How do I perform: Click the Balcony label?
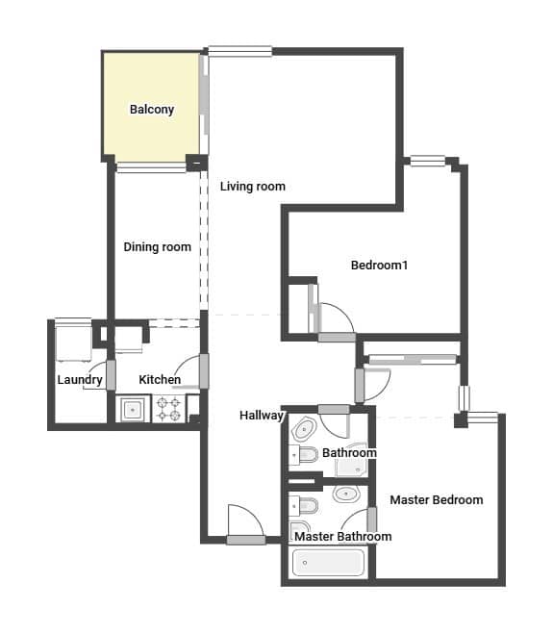click(x=152, y=110)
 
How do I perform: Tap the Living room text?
click(x=253, y=187)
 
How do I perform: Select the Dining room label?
click(x=158, y=247)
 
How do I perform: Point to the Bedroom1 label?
click(x=379, y=266)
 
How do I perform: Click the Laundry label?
click(x=80, y=380)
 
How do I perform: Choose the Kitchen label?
click(x=160, y=380)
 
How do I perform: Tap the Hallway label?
click(x=262, y=416)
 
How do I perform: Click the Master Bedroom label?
click(x=437, y=499)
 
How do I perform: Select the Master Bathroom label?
click(x=342, y=537)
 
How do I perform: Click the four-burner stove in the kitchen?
click(x=169, y=409)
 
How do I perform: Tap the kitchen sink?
click(x=132, y=409)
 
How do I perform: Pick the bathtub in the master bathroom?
click(x=328, y=563)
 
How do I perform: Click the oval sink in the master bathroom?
click(x=346, y=495)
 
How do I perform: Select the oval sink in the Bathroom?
click(x=305, y=429)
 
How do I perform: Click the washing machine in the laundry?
click(x=73, y=341)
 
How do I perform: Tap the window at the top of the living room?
click(x=240, y=51)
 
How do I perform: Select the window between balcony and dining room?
click(x=151, y=167)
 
